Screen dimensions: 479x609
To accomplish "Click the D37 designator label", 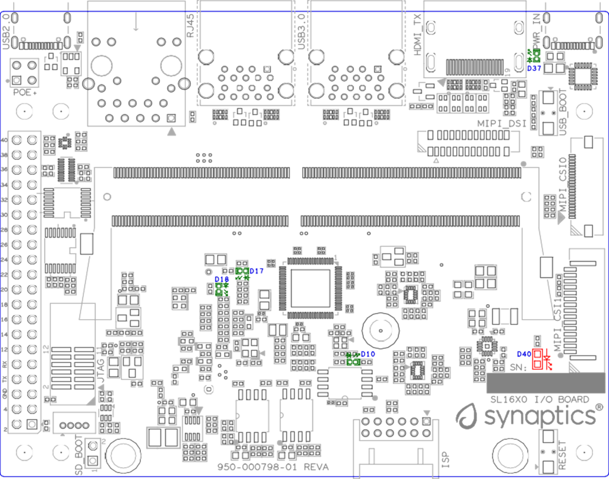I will (533, 68).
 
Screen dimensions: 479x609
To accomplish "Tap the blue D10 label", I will (368, 354).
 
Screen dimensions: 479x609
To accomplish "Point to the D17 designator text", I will (256, 271).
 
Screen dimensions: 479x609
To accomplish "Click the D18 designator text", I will (221, 279).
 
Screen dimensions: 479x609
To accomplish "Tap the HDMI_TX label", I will (417, 35).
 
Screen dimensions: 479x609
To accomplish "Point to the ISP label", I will (445, 459).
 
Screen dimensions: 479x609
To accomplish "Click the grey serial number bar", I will (545, 383).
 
